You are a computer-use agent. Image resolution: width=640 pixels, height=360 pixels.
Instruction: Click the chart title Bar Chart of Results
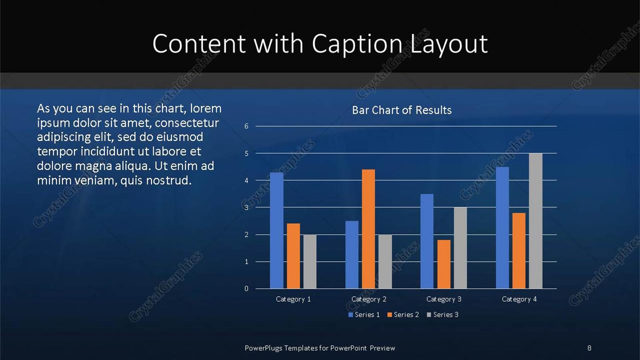402,110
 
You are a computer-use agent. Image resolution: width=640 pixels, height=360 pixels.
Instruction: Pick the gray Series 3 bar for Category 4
536,221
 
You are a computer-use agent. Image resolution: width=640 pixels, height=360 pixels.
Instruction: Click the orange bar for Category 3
444,264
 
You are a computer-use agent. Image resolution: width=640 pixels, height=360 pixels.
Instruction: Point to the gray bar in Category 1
310,261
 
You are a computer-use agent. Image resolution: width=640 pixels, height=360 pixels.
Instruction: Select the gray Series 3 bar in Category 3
460,248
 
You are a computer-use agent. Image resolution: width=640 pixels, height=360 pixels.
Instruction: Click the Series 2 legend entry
403,315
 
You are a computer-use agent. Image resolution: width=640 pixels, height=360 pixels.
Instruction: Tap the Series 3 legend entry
443,315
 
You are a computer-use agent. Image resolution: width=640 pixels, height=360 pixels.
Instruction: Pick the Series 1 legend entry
364,315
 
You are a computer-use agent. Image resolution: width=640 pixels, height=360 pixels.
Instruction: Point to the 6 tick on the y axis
246,126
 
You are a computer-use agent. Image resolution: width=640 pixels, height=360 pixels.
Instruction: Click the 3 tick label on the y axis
246,208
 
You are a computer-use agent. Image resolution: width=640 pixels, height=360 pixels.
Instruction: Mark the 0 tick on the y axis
246,289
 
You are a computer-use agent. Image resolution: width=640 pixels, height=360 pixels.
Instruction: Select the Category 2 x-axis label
369,299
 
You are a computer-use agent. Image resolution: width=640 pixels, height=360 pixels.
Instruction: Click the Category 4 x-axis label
519,299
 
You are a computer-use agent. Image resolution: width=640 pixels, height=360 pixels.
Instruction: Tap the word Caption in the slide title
357,44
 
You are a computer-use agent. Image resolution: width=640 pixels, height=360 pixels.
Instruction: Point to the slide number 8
589,348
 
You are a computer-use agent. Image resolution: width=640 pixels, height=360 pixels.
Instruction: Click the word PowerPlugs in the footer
263,348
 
